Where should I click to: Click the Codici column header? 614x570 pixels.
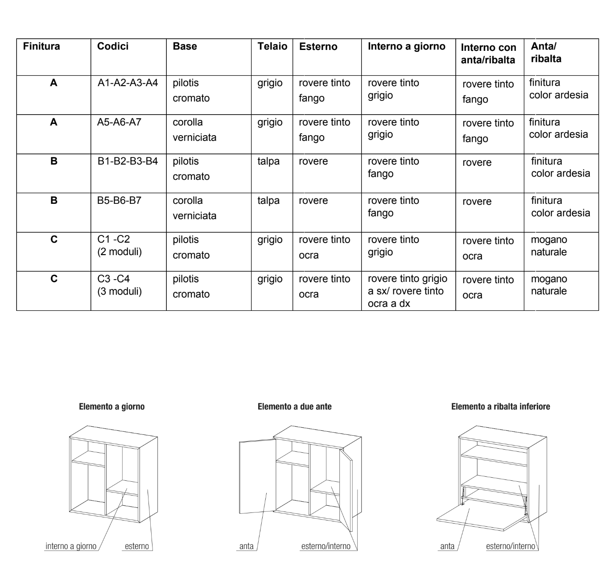point(113,46)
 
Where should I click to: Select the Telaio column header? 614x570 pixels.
point(272,46)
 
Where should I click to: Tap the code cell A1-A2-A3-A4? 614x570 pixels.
point(128,83)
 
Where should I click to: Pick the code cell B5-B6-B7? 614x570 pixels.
point(119,201)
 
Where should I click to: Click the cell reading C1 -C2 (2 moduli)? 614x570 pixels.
point(119,246)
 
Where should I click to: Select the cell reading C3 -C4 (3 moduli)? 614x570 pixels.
point(119,285)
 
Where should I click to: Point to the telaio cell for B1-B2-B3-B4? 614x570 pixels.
point(268,161)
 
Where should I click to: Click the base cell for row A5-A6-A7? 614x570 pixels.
point(194,130)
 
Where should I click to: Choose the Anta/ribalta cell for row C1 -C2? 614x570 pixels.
point(548,246)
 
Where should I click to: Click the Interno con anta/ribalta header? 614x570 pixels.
point(488,54)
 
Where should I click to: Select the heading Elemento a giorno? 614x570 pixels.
point(111,407)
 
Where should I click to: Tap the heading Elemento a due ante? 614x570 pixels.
point(295,407)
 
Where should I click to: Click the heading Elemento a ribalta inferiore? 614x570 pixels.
point(500,407)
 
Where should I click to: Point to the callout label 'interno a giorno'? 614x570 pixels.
point(71,546)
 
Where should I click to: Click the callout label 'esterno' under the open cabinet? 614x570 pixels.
point(136,546)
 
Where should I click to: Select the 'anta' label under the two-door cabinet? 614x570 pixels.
point(246,546)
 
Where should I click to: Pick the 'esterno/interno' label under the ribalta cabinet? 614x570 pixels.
point(510,546)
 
